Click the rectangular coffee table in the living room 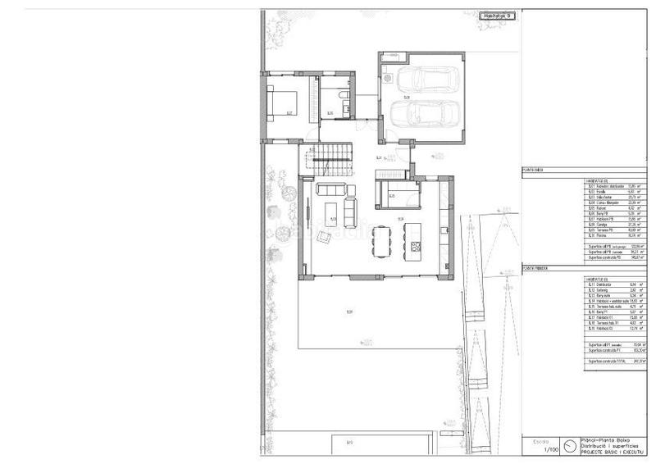click(x=331, y=215)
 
